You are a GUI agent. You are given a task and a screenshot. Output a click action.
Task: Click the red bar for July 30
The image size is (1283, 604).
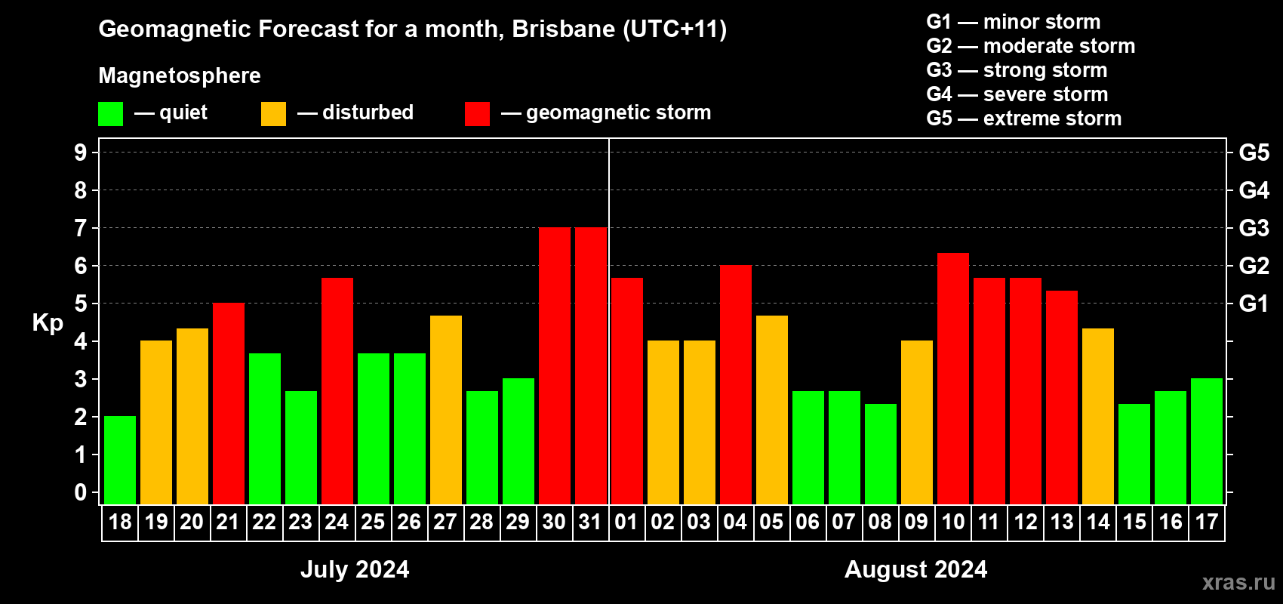[x=555, y=365]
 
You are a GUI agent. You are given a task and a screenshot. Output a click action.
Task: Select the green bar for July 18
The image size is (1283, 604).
[x=120, y=460]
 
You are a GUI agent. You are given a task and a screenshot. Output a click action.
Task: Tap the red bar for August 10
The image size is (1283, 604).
[x=953, y=378]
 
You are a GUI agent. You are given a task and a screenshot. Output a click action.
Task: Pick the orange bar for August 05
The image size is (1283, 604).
[x=772, y=410]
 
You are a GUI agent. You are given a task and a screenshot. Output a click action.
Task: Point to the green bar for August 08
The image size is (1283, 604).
[x=881, y=454]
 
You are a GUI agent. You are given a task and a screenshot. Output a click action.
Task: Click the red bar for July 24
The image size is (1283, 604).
[x=337, y=391]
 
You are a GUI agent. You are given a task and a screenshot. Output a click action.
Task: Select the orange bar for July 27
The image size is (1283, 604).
[x=446, y=410]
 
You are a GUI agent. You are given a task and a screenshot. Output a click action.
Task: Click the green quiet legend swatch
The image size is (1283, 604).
[x=111, y=114]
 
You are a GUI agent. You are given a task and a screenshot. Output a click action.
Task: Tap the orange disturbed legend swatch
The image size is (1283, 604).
[x=273, y=114]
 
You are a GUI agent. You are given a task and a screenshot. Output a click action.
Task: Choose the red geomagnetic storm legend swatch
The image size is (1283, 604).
[x=477, y=114]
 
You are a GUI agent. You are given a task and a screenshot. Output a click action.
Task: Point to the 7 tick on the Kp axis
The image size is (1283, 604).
[x=81, y=228]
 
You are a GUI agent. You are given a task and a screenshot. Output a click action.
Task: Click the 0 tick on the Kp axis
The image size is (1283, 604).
[x=81, y=493]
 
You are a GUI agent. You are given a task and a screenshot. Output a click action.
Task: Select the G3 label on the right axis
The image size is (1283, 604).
[x=1254, y=228]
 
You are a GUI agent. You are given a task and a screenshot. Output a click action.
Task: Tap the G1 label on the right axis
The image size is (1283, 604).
[x=1254, y=304]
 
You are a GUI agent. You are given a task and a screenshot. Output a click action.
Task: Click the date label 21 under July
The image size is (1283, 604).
[x=228, y=522]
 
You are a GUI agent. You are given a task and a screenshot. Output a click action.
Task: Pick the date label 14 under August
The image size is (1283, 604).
[x=1098, y=522]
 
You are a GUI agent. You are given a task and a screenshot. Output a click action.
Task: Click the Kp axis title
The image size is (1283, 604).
[x=48, y=323]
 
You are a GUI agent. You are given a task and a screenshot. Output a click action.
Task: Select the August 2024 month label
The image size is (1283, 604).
[x=915, y=569]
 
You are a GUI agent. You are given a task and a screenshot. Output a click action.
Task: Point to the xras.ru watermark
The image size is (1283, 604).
[x=1238, y=582]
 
